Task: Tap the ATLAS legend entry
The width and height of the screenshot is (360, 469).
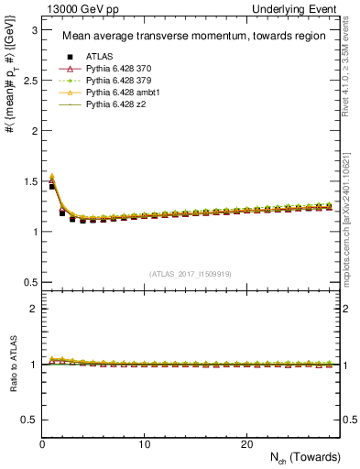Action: (x=100, y=57)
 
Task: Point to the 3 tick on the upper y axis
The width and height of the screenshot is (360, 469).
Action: (x=33, y=30)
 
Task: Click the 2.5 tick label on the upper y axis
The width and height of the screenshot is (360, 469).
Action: (x=29, y=81)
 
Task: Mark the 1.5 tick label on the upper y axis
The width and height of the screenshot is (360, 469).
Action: (x=29, y=180)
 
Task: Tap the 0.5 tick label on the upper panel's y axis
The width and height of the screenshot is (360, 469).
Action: (x=29, y=281)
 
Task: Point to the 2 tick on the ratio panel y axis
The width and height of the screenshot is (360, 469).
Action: (x=33, y=309)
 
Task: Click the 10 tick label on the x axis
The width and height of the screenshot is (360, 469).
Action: (x=144, y=443)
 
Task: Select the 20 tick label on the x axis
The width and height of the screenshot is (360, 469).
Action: (x=245, y=443)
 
